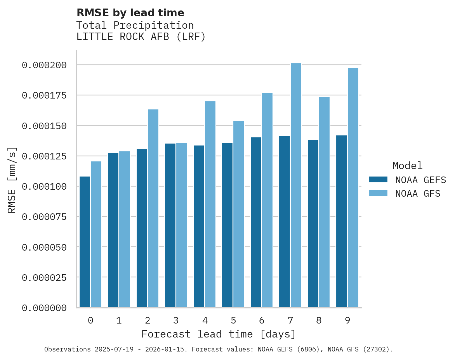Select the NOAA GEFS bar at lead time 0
[x=85, y=242]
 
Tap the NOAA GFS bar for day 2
[x=153, y=208]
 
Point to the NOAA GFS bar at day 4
[x=210, y=204]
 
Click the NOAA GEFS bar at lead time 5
[x=227, y=225]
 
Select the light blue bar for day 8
[x=324, y=202]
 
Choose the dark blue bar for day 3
[x=170, y=225]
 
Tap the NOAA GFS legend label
[x=418, y=194]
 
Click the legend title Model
[x=407, y=166]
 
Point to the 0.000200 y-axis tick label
[x=44, y=65]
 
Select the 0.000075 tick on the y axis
[x=44, y=217]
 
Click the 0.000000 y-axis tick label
[x=44, y=308]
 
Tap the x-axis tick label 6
[x=262, y=320]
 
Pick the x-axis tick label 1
[x=119, y=320]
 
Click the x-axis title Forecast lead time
[x=218, y=334]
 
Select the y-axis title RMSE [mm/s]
[x=12, y=180]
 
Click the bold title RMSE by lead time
[x=130, y=13]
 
